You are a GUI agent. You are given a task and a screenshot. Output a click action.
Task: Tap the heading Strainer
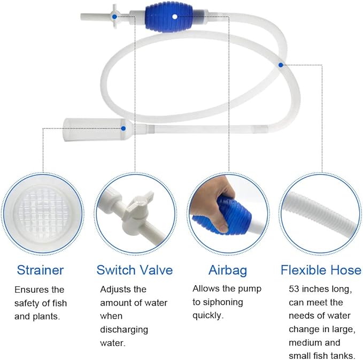click(x=40, y=270)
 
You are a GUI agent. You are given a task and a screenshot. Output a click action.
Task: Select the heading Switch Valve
click(x=135, y=270)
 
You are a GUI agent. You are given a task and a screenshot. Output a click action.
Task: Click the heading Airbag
click(x=228, y=270)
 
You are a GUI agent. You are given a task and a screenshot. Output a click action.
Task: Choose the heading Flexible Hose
click(x=321, y=270)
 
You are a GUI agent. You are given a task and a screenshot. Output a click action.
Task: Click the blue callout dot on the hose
click(x=280, y=65)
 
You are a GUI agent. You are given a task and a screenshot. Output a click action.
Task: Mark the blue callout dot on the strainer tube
click(x=125, y=127)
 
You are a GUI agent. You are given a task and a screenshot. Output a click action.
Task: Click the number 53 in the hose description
click(x=295, y=289)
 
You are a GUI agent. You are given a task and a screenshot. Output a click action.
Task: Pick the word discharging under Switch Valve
click(x=125, y=330)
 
